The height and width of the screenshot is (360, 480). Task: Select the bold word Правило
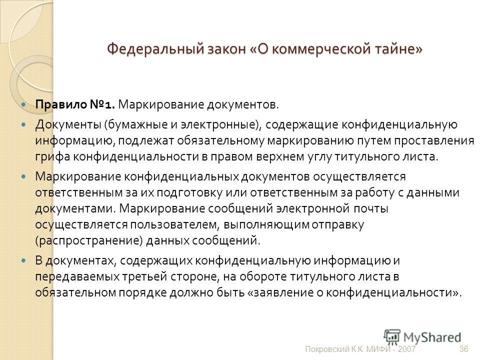click(x=61, y=104)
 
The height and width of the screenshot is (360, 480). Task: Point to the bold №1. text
click(x=102, y=104)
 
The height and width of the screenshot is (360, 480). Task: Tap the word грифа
click(x=52, y=156)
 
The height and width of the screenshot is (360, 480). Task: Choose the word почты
click(x=371, y=209)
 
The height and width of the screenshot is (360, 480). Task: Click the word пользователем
click(x=174, y=225)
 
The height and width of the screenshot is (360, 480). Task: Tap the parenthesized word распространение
click(x=89, y=241)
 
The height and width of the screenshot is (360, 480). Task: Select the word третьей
click(x=144, y=276)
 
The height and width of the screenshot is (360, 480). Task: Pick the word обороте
click(x=263, y=276)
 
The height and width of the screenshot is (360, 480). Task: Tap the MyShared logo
click(x=422, y=337)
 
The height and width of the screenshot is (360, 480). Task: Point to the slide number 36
click(x=464, y=349)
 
